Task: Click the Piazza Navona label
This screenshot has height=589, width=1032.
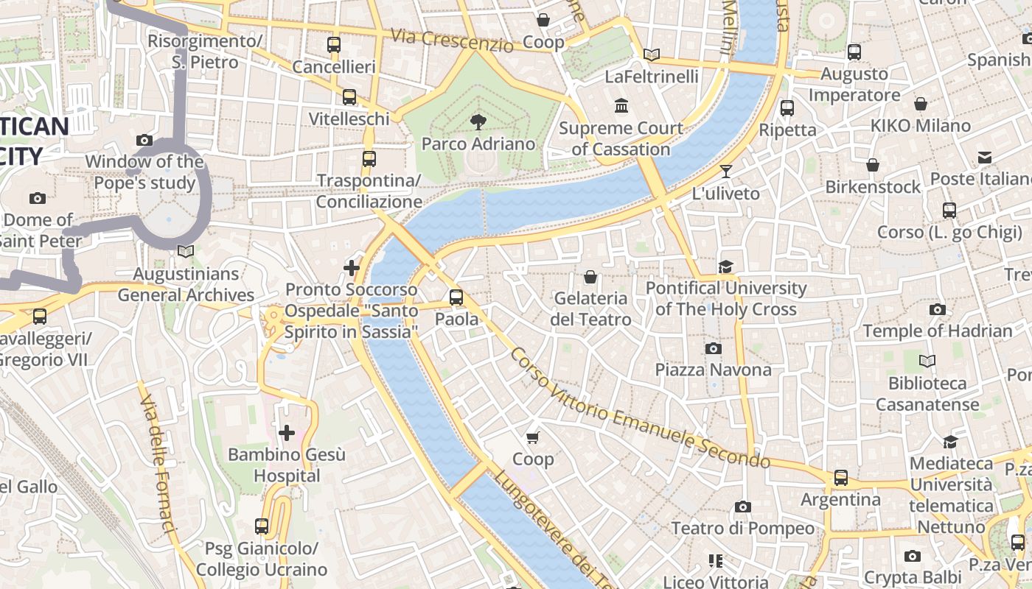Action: (713, 370)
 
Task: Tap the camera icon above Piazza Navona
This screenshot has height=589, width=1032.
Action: (713, 348)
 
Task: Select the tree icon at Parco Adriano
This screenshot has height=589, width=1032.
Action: (478, 122)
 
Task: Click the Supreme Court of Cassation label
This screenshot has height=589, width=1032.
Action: (621, 138)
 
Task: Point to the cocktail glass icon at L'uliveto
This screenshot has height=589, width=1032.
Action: (726, 172)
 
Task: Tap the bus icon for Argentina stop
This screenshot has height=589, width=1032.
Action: (841, 478)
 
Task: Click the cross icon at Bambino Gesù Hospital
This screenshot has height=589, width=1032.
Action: (287, 433)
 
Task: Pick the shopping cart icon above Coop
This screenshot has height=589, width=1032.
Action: (533, 437)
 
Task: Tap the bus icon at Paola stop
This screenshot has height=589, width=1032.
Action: (456, 297)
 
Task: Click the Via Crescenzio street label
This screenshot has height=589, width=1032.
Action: (452, 40)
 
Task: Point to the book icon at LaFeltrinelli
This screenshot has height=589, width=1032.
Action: (651, 54)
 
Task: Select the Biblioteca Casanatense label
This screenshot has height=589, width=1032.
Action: (927, 394)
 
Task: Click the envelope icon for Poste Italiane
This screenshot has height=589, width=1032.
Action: (985, 157)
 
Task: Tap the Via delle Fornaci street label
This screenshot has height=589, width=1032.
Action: (158, 463)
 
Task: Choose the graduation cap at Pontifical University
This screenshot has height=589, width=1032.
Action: (726, 267)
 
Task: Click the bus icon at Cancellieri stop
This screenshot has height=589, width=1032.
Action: (334, 45)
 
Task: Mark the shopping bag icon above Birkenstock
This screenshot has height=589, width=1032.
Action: (873, 165)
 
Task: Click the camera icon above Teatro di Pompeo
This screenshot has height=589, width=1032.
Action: (743, 507)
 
